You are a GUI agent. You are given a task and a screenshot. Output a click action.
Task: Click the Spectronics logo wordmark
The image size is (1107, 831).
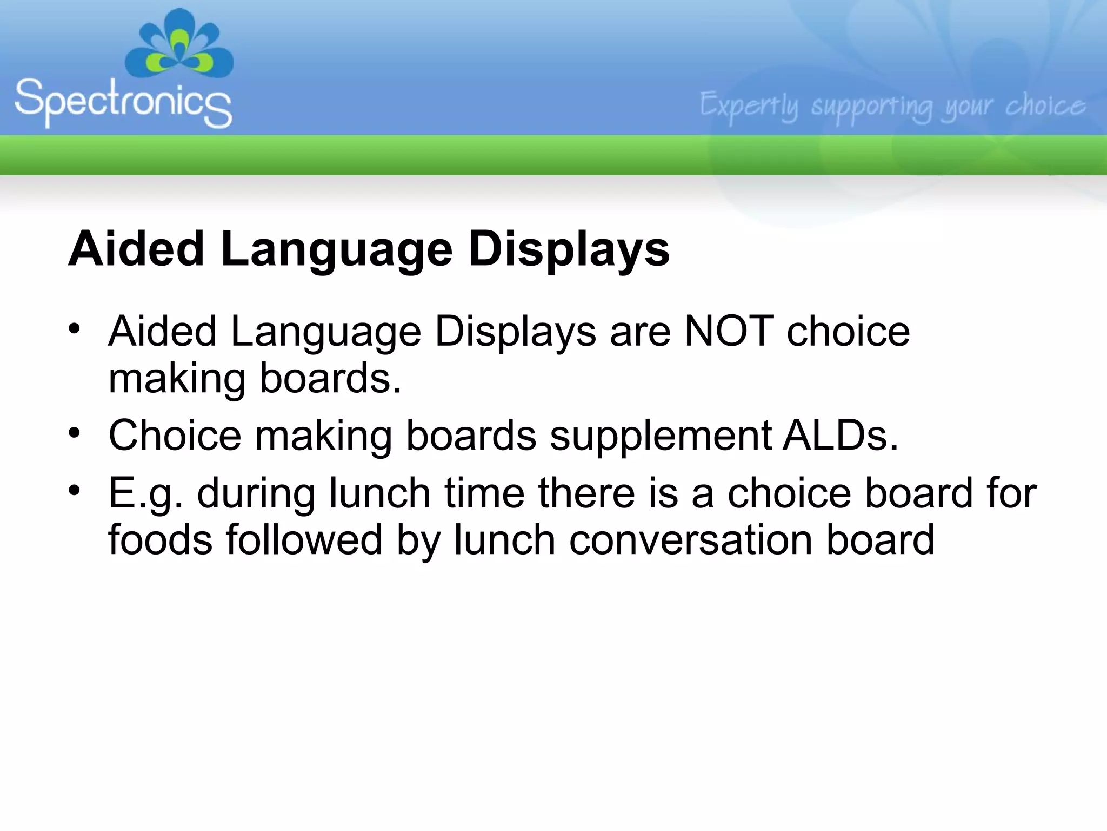[x=123, y=102]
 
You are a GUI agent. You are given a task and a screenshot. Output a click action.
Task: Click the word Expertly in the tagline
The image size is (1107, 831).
[x=749, y=106]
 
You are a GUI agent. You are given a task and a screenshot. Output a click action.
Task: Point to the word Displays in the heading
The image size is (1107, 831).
[x=569, y=249]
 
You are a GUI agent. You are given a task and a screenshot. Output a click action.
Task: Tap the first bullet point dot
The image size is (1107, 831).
[x=75, y=328]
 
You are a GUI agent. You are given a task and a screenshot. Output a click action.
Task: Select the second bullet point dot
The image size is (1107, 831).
[x=75, y=432]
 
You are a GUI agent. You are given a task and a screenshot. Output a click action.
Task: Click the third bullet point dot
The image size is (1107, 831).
[x=75, y=490]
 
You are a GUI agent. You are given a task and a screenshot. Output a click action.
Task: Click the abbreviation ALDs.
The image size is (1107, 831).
[x=840, y=435]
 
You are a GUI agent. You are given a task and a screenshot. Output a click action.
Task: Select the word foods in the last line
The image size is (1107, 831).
[x=160, y=540]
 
